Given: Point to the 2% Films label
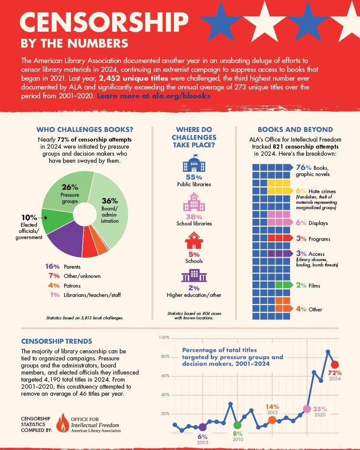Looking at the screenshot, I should (x=301, y=285).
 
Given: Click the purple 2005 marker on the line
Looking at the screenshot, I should (x=202, y=427).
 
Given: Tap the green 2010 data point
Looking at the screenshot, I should (x=237, y=425).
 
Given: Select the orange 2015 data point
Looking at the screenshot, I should (x=272, y=420).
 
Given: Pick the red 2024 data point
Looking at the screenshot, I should (x=335, y=364).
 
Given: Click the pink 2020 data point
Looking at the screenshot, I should (x=307, y=409).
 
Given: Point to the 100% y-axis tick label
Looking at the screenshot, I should (x=164, y=337).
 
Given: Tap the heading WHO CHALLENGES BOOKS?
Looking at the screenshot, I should (x=85, y=130).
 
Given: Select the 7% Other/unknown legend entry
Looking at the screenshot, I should (x=73, y=276).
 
